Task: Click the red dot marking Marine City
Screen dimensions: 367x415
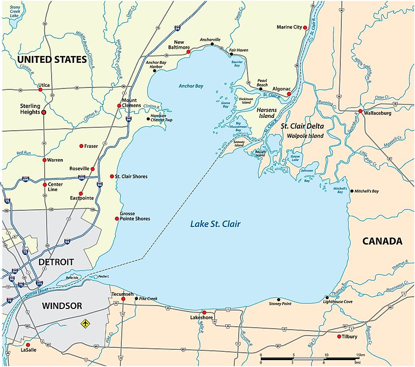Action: (305, 27)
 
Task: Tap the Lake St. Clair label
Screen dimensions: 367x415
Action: (216, 225)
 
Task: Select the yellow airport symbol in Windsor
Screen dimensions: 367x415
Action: (86, 324)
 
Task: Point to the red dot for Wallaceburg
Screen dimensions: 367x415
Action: (360, 112)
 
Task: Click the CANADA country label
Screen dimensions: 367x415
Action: (382, 241)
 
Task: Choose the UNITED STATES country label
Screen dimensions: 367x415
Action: (52, 59)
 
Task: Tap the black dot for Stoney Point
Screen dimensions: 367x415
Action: (279, 299)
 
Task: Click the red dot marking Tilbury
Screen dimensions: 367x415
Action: (339, 337)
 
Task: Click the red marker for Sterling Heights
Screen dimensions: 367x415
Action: (44, 112)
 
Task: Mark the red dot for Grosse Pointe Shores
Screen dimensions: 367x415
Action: (116, 219)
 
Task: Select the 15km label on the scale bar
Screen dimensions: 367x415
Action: (360, 355)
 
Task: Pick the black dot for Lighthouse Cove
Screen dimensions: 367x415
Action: (327, 297)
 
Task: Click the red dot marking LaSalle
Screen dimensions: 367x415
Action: (28, 345)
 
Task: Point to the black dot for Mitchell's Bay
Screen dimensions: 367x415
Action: (350, 191)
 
